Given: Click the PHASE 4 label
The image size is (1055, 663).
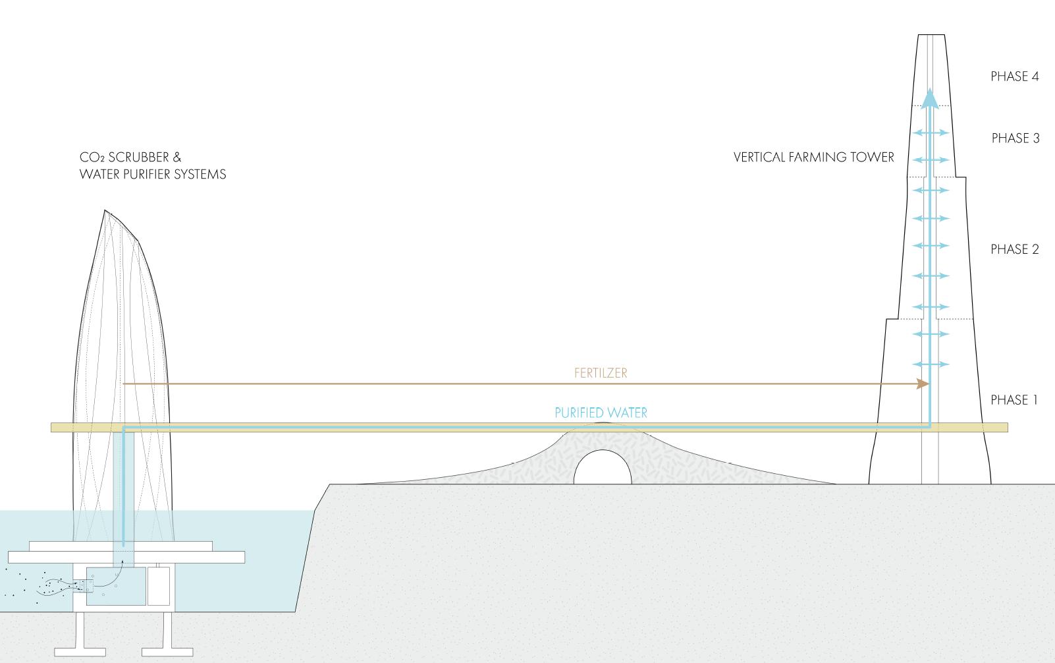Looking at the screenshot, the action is [1014, 76].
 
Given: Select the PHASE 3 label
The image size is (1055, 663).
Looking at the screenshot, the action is [1015, 138].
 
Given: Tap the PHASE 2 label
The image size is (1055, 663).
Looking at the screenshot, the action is [1014, 249].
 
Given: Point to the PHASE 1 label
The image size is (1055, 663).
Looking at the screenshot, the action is [1014, 400].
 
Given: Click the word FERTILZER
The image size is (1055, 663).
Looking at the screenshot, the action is [601, 373].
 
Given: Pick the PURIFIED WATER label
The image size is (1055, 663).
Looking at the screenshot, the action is [601, 413].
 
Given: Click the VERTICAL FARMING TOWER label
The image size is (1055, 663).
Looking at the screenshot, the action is [813, 158].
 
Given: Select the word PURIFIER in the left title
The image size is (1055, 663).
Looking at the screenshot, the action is [143, 174].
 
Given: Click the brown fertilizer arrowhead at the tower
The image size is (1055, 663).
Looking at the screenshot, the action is [924, 384].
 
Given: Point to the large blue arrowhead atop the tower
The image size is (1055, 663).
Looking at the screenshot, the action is [929, 98].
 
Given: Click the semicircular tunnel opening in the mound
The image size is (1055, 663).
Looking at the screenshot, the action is [602, 469].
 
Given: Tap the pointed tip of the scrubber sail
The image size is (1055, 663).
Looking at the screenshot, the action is [105, 211].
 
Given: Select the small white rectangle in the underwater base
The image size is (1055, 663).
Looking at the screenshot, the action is [158, 585].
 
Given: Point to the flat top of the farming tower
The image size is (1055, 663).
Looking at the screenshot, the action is [930, 36].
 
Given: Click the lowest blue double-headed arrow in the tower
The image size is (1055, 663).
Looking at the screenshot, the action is [929, 364].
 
